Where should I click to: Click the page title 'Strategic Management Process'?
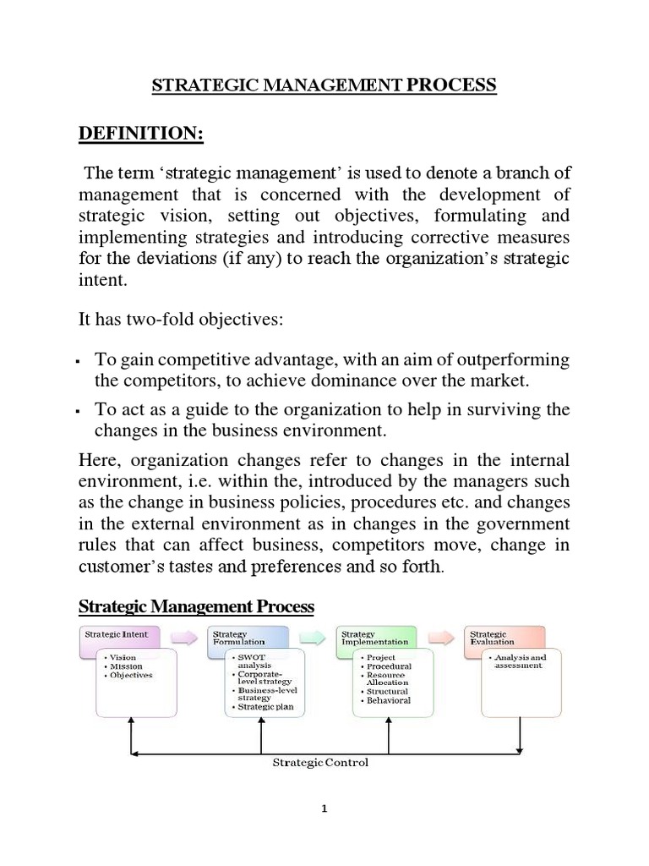[x=324, y=85]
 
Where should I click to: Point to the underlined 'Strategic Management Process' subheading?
[x=196, y=606]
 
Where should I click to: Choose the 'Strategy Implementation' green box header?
[x=375, y=637]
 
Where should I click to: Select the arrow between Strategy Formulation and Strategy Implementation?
[x=313, y=637]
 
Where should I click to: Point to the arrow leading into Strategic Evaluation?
[x=441, y=637]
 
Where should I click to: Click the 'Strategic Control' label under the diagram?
[x=319, y=763]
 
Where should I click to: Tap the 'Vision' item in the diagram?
[x=123, y=657]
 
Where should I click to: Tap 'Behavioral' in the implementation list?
[x=388, y=700]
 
